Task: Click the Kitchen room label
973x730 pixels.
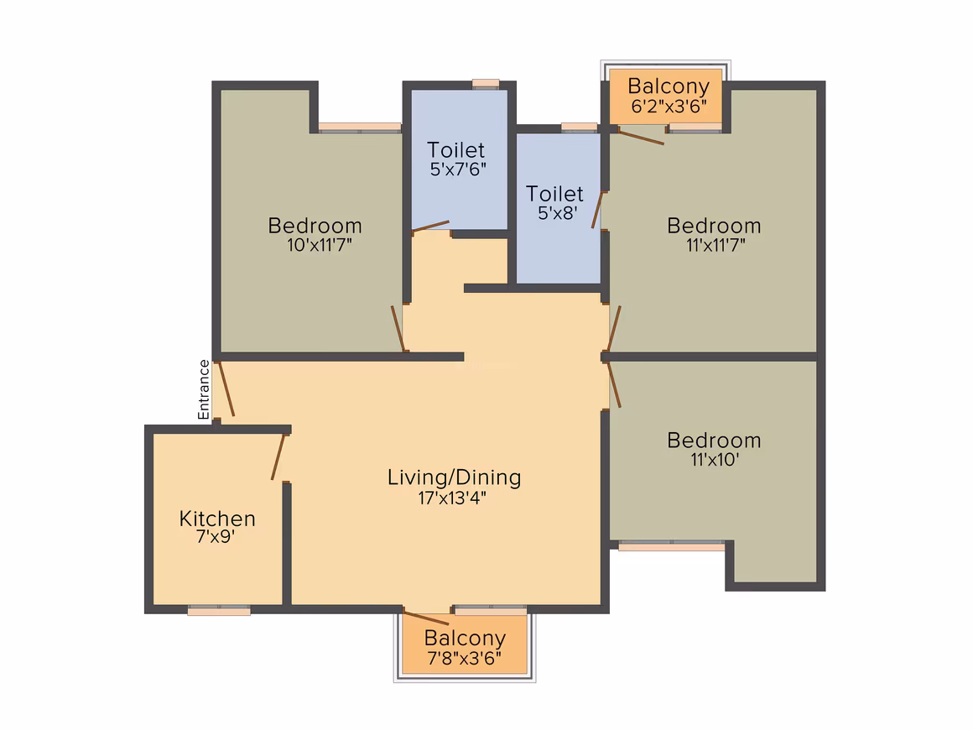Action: pos(217,519)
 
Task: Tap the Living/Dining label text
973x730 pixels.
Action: pos(455,477)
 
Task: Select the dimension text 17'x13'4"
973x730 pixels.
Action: pos(452,498)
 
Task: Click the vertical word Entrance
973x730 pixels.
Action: pos(204,390)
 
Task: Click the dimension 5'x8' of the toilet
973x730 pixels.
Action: pos(557,213)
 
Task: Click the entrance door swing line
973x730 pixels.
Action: pos(226,388)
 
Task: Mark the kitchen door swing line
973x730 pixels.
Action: pos(278,456)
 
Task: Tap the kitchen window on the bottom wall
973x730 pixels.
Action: pos(219,610)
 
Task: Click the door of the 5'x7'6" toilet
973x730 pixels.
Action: pos(430,227)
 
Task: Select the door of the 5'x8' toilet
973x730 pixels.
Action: pos(597,211)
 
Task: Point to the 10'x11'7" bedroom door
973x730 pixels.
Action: pos(398,329)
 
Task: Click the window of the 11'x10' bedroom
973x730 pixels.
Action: pos(672,545)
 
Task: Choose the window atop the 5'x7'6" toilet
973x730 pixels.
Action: pos(486,84)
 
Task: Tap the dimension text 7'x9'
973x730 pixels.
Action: pos(216,536)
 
